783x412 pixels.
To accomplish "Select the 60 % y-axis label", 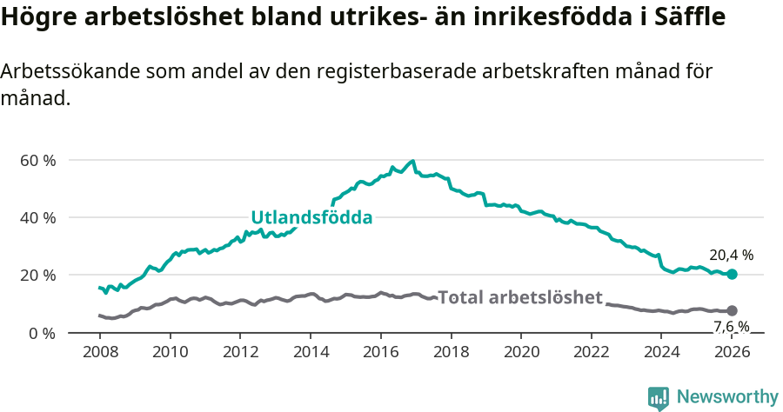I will coord(38,161).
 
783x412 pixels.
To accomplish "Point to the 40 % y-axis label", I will coord(38,218).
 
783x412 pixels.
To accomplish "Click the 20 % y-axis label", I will coord(38,276).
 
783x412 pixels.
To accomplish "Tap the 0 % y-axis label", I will coord(42,333).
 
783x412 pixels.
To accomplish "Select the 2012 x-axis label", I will coord(240,353).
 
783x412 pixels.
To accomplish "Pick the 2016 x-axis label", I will coord(380,353).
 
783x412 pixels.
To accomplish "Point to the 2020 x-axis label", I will coord(521,353).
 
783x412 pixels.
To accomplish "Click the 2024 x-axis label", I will coord(661,353).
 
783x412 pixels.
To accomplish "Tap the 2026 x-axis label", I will coord(732,353).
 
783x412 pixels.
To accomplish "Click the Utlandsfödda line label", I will coord(311,217).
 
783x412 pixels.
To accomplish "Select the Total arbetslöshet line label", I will coord(519,298).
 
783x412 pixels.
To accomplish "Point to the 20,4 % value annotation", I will coord(731,256).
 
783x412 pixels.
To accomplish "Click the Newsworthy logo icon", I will coord(659,398).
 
